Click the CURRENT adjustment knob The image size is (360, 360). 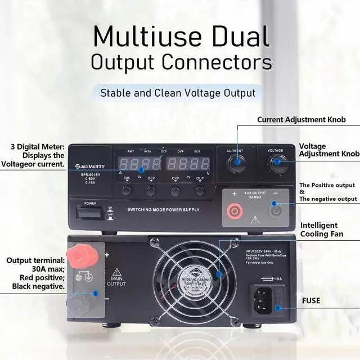[x=235, y=164]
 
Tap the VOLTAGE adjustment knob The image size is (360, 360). [x=276, y=164]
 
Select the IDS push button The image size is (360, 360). [x=127, y=191]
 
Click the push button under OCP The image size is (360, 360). [x=151, y=191]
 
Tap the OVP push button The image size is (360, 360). [x=175, y=191]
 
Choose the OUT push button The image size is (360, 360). [x=200, y=191]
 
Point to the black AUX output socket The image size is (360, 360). [x=276, y=211]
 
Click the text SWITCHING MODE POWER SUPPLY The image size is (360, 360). [x=163, y=210]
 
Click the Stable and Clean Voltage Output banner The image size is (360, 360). [x=178, y=93]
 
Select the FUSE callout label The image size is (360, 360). [x=310, y=301]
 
